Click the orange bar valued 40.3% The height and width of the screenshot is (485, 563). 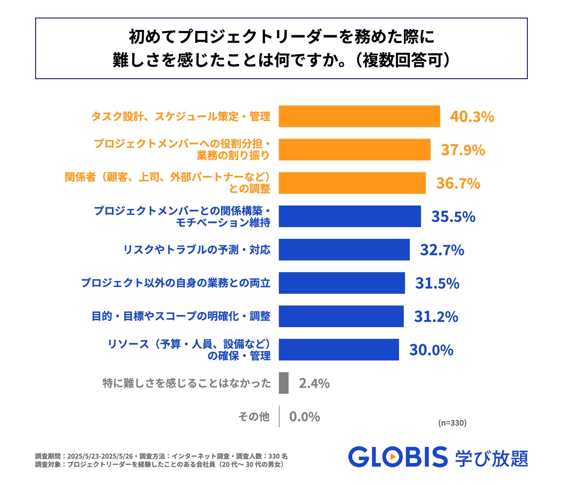359,116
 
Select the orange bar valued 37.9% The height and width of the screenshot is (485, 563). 354,149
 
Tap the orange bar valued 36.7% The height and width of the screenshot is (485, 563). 352,183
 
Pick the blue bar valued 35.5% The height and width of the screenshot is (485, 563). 349,216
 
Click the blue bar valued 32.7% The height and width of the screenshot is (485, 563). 344,250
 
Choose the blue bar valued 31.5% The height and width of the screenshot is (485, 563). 342,283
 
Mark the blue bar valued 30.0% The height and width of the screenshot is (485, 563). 339,350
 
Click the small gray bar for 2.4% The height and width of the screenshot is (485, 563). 284,383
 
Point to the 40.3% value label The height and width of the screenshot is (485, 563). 472,117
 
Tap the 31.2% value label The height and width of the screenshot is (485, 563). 436,317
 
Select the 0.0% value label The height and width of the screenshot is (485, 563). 305,417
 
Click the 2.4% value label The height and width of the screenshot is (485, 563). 314,383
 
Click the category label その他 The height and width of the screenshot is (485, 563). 254,417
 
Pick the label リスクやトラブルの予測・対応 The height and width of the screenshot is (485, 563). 197,250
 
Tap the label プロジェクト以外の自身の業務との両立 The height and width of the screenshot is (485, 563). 175,283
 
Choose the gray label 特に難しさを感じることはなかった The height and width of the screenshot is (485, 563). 187,383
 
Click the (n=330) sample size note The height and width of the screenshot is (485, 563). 452,423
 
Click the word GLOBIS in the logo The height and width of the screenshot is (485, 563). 398,457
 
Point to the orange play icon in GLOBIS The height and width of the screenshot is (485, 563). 393,457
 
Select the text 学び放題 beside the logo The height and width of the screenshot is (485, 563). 491,458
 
